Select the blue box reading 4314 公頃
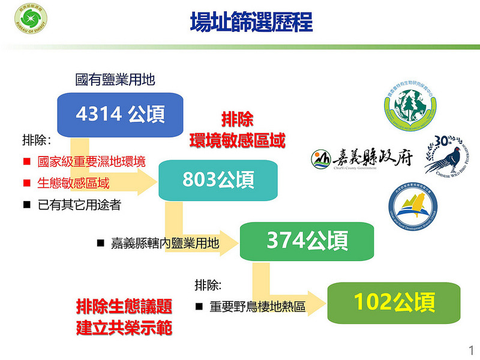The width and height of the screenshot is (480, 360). point(120,114)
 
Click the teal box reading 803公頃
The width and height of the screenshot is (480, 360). point(218,179)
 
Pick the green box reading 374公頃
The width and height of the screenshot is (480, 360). point(307,241)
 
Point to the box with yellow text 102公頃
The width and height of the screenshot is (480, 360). point(394,302)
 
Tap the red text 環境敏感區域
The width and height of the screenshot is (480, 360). point(237,140)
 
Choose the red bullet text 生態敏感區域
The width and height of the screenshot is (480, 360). point(73,182)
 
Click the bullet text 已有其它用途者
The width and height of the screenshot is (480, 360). point(79,205)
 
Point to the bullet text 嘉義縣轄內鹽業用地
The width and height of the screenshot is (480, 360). point(165,243)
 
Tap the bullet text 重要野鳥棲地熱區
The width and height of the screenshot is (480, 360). point(257,307)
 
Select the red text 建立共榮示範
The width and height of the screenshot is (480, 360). point(124,329)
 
